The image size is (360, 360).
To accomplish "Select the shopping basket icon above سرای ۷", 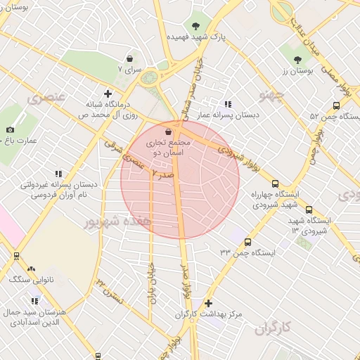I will (x=129, y=59).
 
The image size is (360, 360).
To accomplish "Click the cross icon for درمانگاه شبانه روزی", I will (x=107, y=93).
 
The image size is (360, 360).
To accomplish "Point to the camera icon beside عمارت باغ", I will (x=10, y=129).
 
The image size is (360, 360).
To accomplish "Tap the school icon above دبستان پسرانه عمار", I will (x=227, y=104).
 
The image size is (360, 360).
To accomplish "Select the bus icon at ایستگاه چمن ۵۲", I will (x=336, y=105).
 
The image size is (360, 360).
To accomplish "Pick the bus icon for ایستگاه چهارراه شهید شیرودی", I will (x=275, y=184).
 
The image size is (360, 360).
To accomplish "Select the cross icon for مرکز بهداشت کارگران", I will (x=207, y=303).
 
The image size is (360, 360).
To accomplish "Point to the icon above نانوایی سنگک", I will (x=31, y=269).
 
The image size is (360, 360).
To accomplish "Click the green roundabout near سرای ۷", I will (x=149, y=77).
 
